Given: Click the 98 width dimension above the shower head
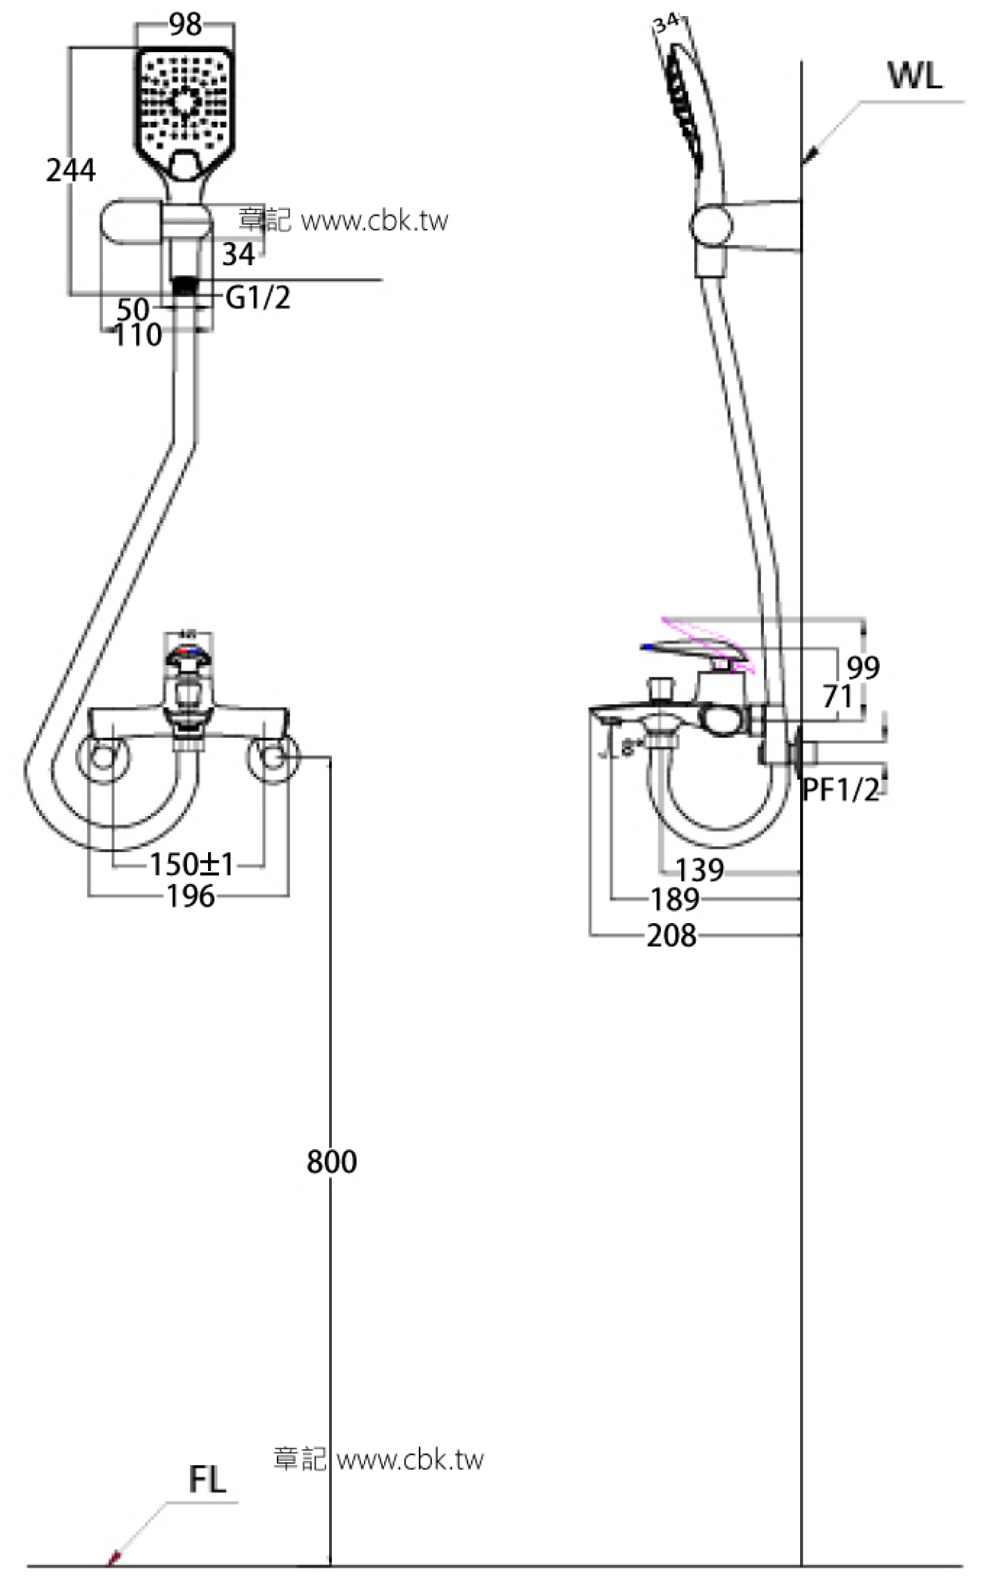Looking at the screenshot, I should pos(185,25).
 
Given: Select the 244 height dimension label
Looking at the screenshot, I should pos(71,170).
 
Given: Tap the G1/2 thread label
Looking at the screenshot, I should pos(258,298).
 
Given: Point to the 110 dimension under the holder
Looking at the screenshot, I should pos(138,335).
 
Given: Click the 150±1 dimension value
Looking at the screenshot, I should pos(192,865).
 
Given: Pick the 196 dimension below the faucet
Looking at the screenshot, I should pos(191,897).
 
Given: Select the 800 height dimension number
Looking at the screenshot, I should pos(332,1161).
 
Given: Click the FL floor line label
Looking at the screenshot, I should pos(207,1480).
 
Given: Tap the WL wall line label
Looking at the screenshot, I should pos(915,76).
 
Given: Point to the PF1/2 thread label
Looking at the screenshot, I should pos(840,790).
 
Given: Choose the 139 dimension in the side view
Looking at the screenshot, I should pos(700,870).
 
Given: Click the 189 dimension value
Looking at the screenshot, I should pos(675,899).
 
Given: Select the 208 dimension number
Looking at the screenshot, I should pos(671,936).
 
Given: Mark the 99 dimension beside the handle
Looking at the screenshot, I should pos(863,668).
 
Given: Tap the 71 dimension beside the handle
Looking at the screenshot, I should pos(837,696).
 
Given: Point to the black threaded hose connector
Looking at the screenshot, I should pos(184,286).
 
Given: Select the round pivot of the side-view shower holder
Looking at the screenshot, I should pos(710,225).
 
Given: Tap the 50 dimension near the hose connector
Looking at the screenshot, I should pos(132,309).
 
